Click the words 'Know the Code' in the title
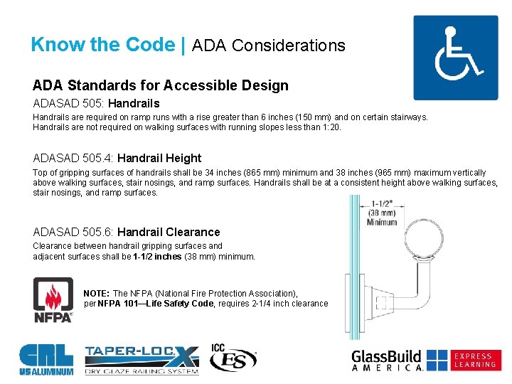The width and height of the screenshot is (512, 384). [x=102, y=45]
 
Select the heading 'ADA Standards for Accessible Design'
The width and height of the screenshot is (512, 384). [x=160, y=85]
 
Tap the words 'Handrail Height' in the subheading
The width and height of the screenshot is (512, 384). [x=159, y=158]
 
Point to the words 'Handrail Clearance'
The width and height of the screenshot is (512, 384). [x=169, y=232]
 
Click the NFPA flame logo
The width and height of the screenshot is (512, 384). [x=53, y=299]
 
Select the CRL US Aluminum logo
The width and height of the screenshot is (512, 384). [x=46, y=359]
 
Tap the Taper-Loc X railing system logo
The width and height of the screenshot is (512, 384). [x=142, y=359]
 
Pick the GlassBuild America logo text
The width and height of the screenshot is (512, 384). [x=388, y=360]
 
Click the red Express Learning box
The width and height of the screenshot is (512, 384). [x=476, y=360]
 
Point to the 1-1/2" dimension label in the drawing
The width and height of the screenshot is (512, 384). [x=382, y=201]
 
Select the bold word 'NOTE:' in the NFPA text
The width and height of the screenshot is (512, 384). [x=97, y=293]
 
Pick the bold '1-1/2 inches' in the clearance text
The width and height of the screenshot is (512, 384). [x=157, y=257]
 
